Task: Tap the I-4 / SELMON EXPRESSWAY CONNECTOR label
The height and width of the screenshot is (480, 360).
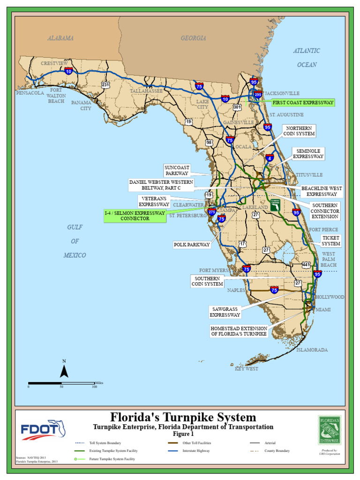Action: click(x=135, y=216)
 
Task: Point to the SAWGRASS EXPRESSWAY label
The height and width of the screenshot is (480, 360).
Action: click(x=225, y=312)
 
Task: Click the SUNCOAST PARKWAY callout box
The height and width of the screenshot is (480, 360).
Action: click(x=177, y=170)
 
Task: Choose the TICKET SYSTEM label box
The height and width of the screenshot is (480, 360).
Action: click(x=331, y=241)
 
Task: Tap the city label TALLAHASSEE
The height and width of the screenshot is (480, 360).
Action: click(x=146, y=91)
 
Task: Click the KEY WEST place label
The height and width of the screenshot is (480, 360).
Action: click(x=247, y=369)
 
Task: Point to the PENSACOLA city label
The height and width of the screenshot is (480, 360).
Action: click(x=30, y=93)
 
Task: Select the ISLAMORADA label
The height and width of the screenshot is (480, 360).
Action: click(x=312, y=350)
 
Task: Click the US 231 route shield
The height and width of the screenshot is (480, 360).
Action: click(x=105, y=84)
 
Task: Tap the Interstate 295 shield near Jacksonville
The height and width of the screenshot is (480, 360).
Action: click(x=257, y=95)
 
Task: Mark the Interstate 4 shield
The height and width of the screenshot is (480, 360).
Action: click(x=270, y=158)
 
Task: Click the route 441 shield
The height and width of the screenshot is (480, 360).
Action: click(x=306, y=265)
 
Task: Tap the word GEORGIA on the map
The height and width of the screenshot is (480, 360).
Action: click(x=193, y=38)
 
